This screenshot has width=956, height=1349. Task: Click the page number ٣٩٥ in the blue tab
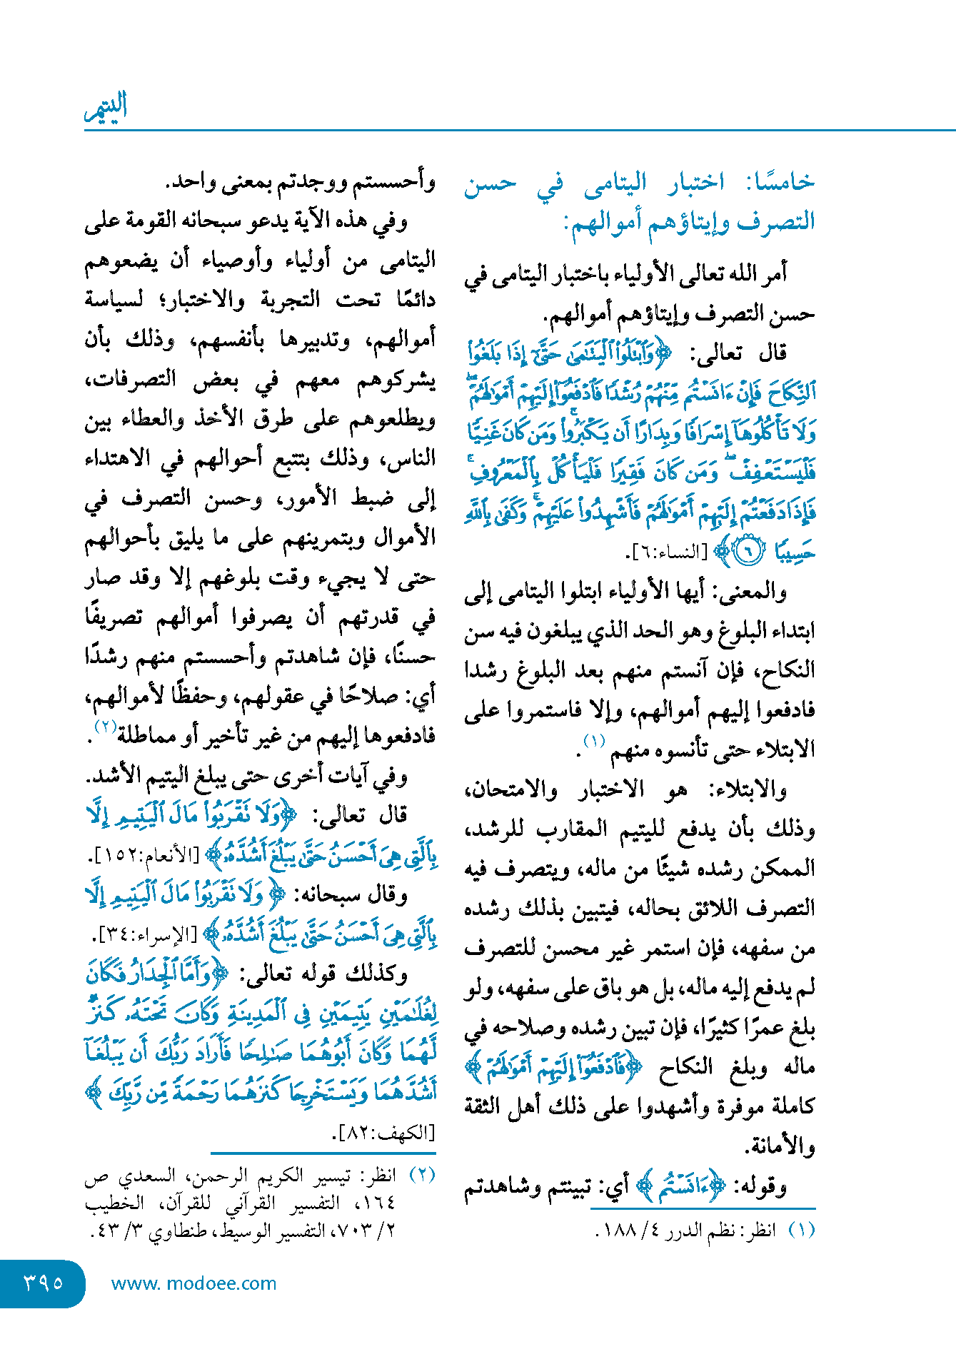[44, 1283]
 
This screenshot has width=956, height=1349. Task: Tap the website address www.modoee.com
[193, 1283]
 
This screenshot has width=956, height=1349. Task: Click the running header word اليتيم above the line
[106, 107]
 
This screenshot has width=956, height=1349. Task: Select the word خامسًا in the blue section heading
[780, 182]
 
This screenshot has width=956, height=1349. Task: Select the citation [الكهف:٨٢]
[385, 1133]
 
